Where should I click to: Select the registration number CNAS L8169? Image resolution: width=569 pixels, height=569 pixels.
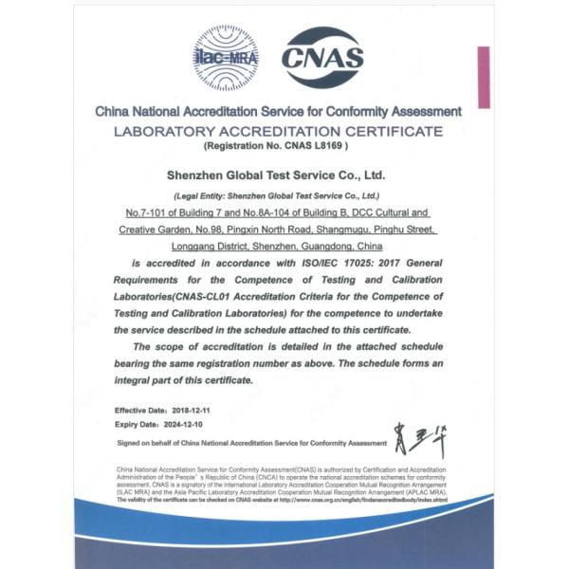(x=298, y=148)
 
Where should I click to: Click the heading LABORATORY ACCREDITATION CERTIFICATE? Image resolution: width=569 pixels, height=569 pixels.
(x=277, y=131)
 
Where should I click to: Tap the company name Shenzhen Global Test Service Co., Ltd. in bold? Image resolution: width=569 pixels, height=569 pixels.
(x=275, y=175)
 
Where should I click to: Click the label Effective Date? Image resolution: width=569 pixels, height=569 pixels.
(x=136, y=409)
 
